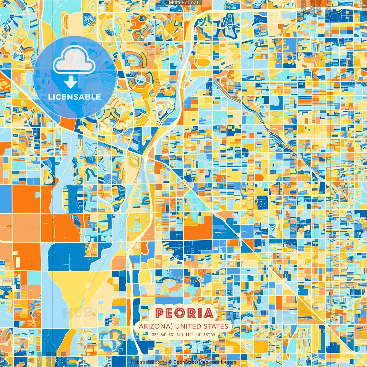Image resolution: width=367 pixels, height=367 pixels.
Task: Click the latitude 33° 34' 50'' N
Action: [166, 335]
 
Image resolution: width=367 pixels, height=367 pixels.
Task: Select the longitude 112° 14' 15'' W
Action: [200, 335]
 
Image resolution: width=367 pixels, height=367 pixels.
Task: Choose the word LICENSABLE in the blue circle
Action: [75, 97]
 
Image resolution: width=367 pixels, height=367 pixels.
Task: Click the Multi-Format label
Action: [183, 3]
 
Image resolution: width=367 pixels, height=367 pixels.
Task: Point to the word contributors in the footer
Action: [223, 362]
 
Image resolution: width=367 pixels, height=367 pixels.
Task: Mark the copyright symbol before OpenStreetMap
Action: [170, 362]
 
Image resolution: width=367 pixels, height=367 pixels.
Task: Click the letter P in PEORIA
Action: [160, 313]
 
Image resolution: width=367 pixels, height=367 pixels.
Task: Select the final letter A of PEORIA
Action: [209, 313]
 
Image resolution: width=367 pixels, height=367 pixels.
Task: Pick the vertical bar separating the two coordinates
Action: [182, 335]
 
